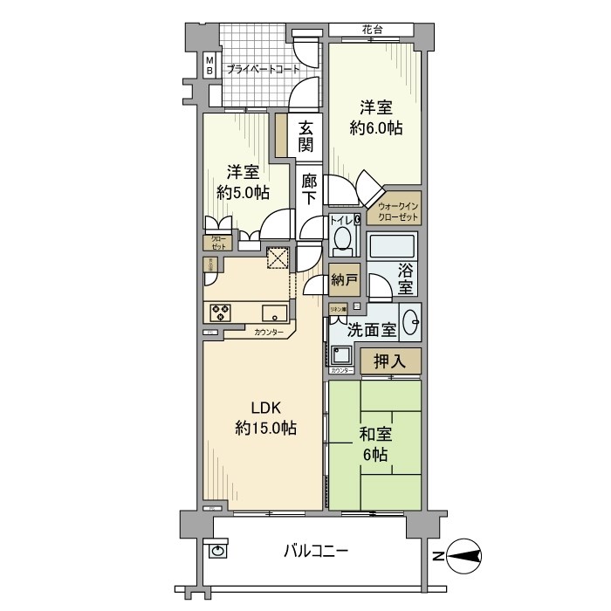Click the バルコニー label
point(316,552)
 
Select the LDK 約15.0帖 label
point(264,418)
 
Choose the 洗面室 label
point(372,331)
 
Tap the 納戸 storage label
point(345,280)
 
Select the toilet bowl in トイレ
point(342,238)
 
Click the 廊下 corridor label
point(309,190)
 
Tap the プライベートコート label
point(263,69)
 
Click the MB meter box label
point(209,65)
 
